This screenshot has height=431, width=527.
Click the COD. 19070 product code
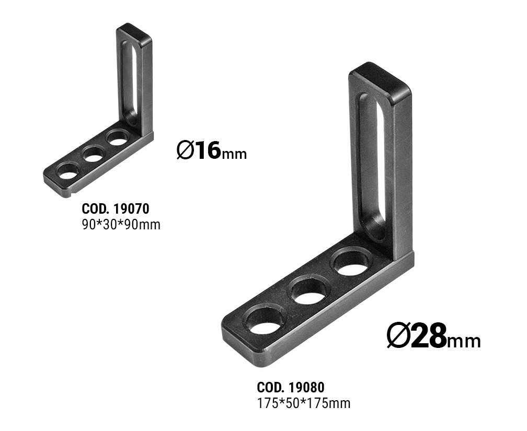pos(116,209)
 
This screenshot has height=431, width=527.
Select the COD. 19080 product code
pos(291,388)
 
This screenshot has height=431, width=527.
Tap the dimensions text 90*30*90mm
pos(121,225)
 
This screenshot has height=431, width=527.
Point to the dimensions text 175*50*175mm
pos(304,403)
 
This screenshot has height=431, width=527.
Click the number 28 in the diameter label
pos(429,336)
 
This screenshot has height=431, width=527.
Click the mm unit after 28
pos(464,341)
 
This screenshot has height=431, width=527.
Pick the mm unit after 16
pos(234,155)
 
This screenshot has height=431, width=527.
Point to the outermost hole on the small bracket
pos(68,171)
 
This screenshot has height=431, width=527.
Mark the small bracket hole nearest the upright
pos(118,138)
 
